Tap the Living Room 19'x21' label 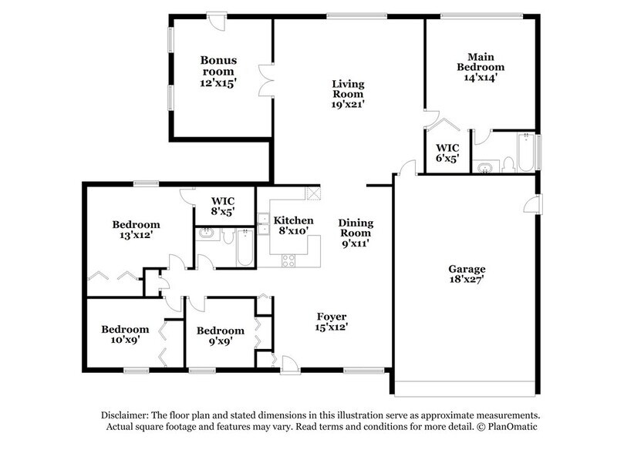[x=348, y=93]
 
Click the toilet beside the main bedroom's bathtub [x=509, y=163]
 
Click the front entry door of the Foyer [x=286, y=361]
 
